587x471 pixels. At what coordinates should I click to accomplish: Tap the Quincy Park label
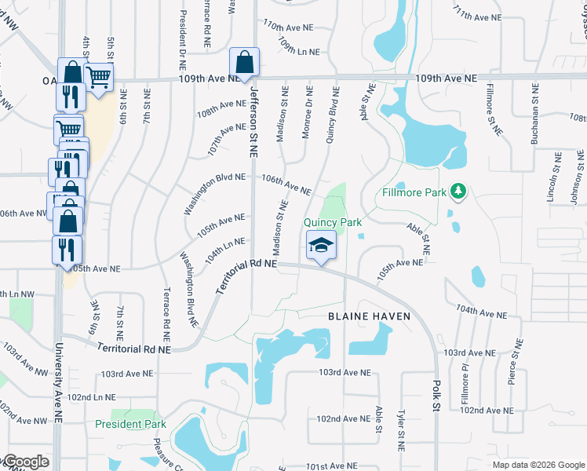coord(334,222)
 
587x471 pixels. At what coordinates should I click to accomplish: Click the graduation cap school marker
coord(320,246)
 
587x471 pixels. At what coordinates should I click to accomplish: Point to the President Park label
coord(131,424)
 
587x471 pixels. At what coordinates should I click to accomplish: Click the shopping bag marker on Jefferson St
coord(244,63)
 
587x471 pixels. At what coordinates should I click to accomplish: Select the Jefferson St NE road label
coord(253,121)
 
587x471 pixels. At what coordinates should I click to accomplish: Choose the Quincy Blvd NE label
coord(332,117)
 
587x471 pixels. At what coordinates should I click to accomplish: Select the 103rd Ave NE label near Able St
coord(345,373)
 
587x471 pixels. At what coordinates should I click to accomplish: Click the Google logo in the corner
coord(25,462)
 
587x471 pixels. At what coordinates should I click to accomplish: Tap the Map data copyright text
coord(538,465)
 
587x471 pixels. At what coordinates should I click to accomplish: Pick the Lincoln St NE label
coord(557,178)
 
